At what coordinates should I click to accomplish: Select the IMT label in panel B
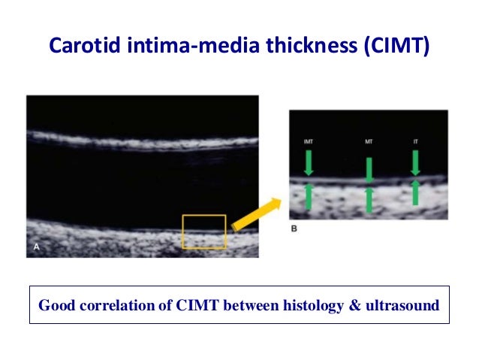click(308, 141)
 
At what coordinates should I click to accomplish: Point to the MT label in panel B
click(368, 141)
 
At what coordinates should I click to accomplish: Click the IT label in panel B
click(414, 141)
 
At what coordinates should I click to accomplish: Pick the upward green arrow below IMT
click(308, 196)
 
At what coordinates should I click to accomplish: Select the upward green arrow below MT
click(369, 199)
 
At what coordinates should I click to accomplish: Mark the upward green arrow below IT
click(414, 193)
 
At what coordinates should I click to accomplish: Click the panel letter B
click(294, 229)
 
